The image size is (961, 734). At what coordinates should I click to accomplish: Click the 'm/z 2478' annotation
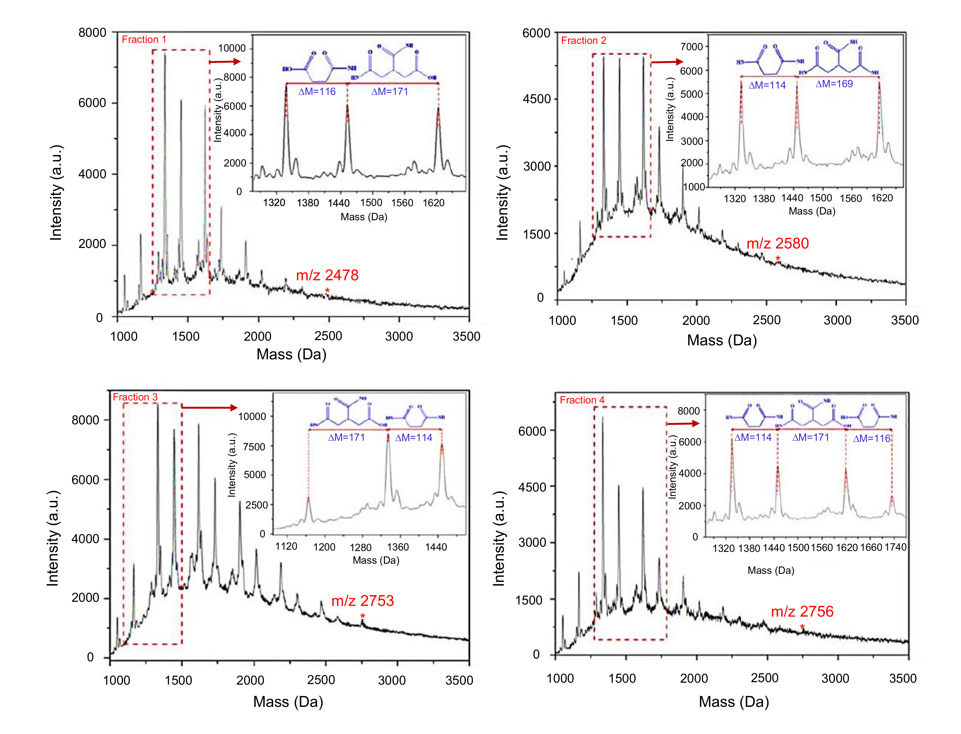pos(327,275)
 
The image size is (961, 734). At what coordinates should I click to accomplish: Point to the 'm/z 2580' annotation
pos(778,243)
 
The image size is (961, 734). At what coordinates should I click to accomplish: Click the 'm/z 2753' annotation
pos(363,601)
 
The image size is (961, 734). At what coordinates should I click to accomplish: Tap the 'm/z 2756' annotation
pos(802,611)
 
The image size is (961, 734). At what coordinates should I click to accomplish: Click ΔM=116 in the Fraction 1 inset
pos(317,92)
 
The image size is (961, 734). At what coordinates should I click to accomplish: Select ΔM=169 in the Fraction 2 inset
pos(834,84)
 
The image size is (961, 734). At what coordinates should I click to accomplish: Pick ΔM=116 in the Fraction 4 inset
pos(871,439)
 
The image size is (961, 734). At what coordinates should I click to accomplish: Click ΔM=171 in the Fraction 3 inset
pos(346,437)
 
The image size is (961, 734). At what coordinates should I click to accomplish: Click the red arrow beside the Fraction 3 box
pos(210,407)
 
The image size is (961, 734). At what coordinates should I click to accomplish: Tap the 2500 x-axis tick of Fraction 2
pos(767,320)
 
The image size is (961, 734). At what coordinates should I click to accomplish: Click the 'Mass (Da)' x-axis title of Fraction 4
pos(734,702)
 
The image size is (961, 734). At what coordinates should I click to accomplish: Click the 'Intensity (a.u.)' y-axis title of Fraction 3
pos(53,538)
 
